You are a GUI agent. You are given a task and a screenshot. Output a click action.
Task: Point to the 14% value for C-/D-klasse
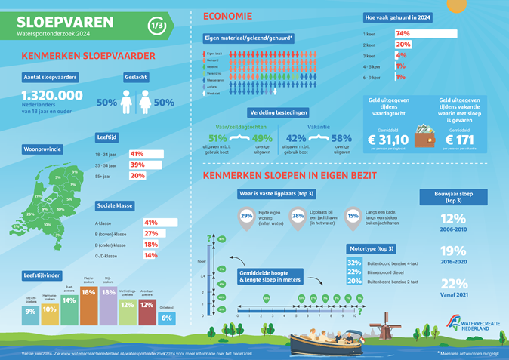[x=150, y=256]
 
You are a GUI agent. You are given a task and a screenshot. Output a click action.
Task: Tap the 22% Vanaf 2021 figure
[x=452, y=283]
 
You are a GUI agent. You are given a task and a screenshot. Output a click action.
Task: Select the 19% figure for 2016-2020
[x=452, y=252]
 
